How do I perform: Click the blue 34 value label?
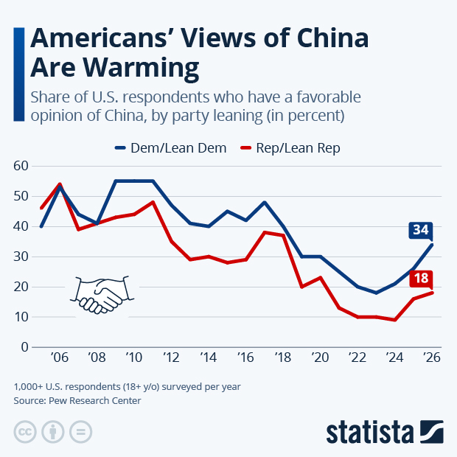coord(420,231)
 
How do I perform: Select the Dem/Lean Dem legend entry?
coord(171,147)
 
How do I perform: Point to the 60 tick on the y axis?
coord(21,167)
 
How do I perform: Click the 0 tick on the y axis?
coord(24,347)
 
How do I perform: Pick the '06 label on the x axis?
coord(60,357)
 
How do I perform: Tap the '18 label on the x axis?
coord(283,357)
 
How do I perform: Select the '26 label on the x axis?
coord(432,357)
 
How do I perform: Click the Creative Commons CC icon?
coord(25,432)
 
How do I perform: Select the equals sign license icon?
coord(83,432)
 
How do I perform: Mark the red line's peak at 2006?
coord(60,184)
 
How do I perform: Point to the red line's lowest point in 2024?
coord(395,320)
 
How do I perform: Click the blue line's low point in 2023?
coord(376,293)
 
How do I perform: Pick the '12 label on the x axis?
coord(171,357)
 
